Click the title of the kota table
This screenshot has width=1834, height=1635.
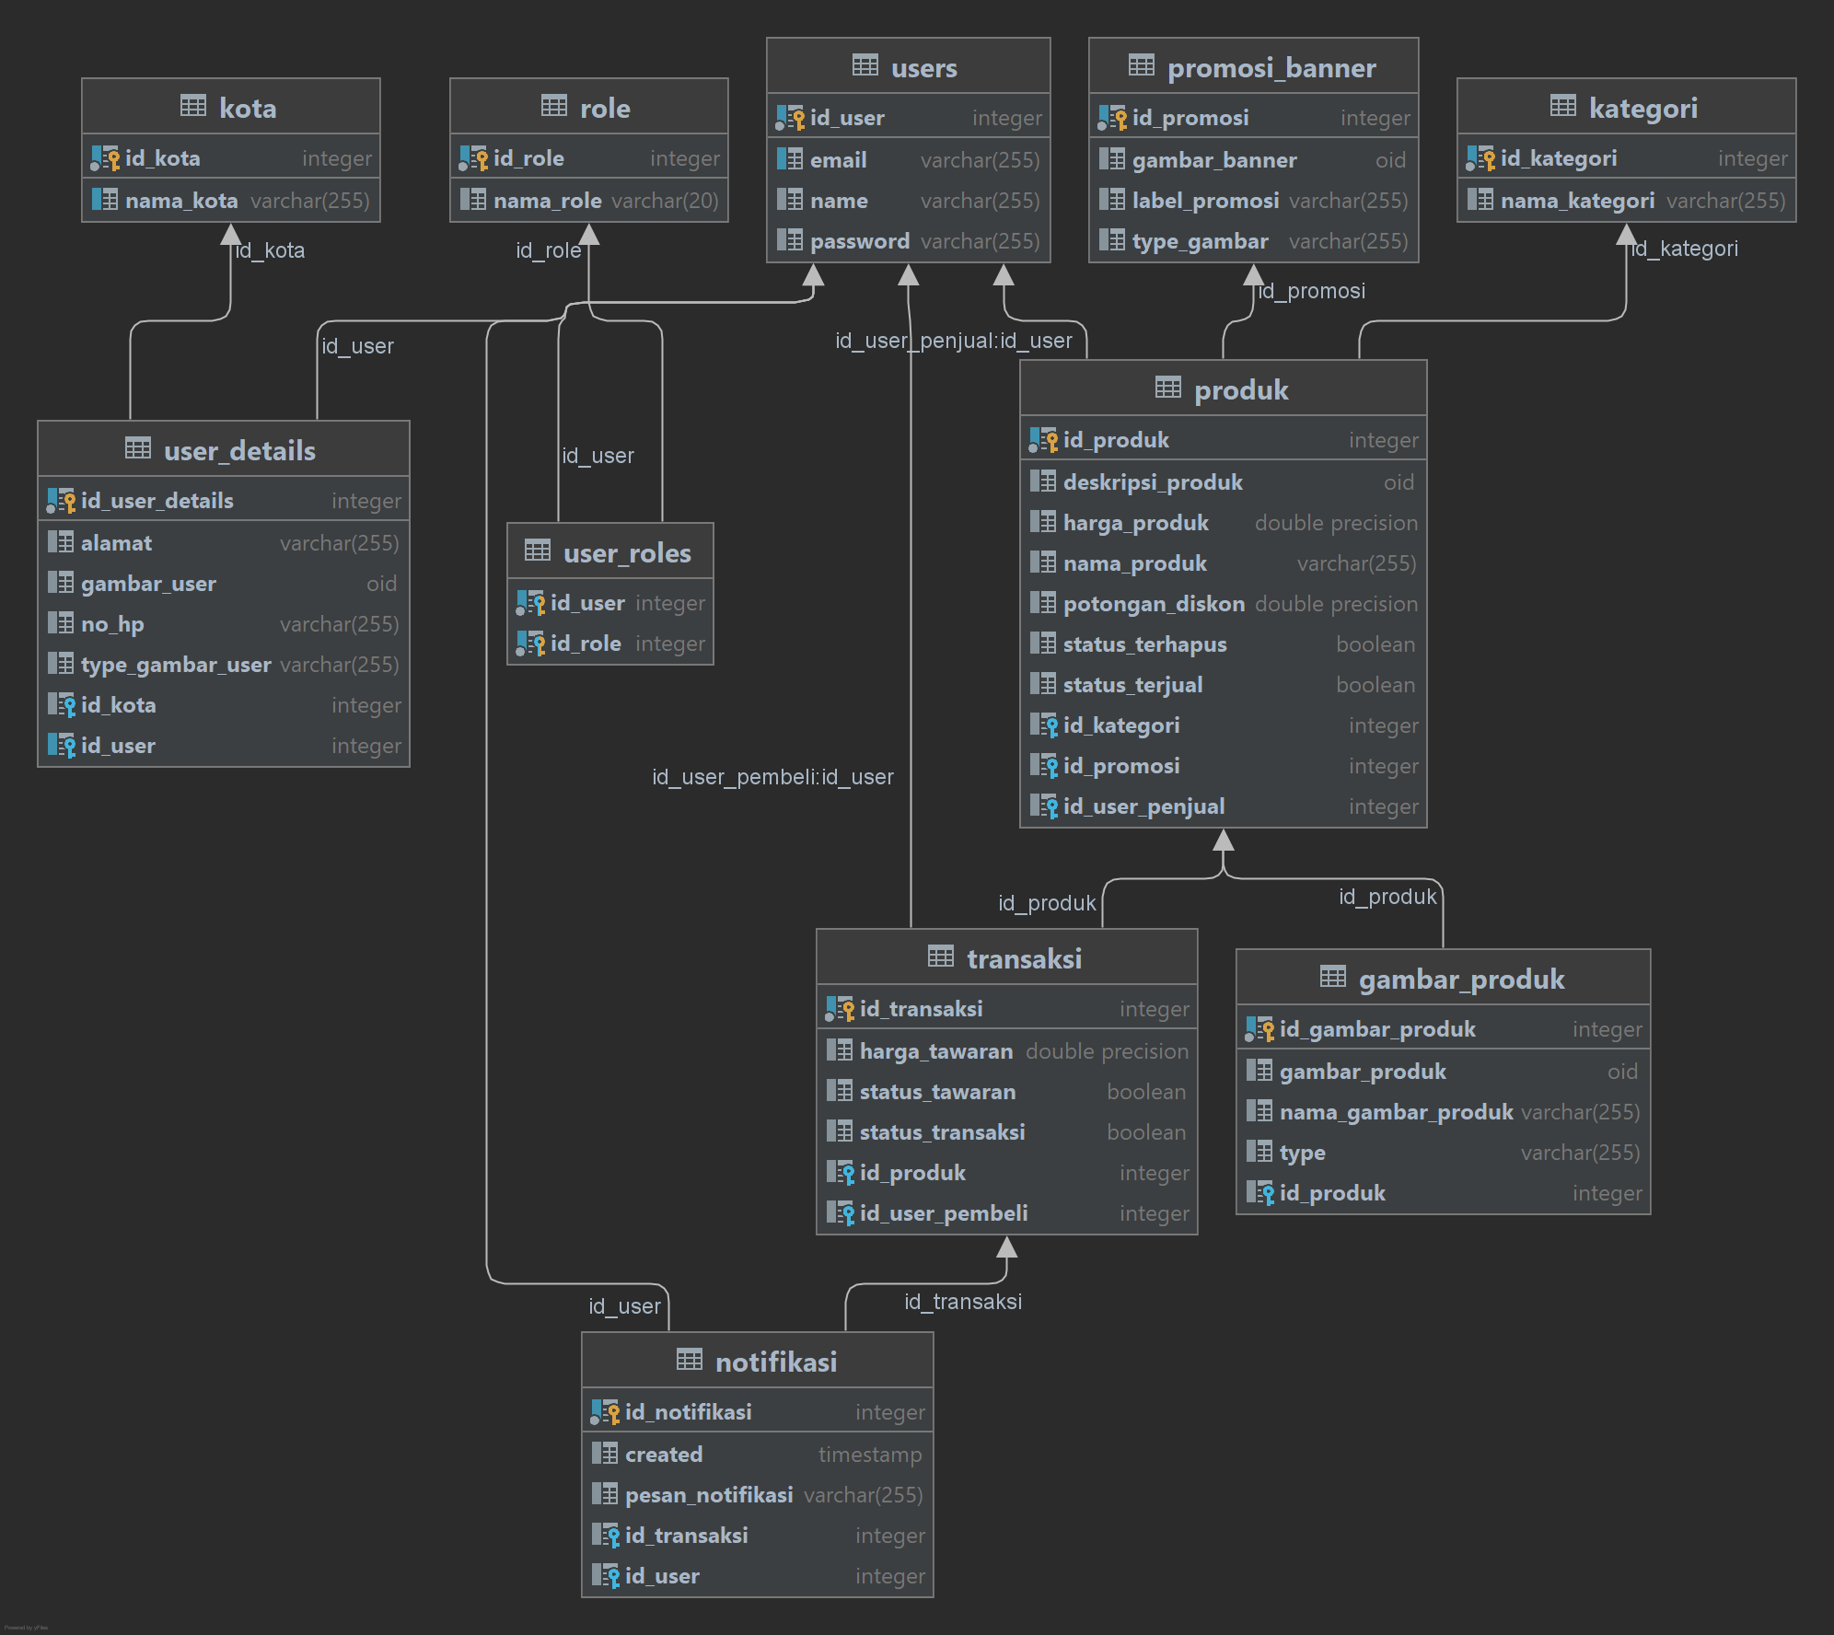pyautogui.click(x=247, y=109)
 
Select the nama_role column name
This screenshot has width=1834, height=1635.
pyautogui.click(x=547, y=201)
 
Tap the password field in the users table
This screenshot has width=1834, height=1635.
pyautogui.click(x=859, y=241)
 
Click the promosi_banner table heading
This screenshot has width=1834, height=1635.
pyautogui.click(x=1271, y=68)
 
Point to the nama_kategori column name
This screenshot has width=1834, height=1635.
pyautogui.click(x=1576, y=201)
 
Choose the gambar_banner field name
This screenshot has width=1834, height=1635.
pyautogui.click(x=1213, y=160)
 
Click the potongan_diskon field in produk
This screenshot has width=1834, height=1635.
pyautogui.click(x=1153, y=604)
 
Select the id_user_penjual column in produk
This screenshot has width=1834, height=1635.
pyautogui.click(x=1143, y=806)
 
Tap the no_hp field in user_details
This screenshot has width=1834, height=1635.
pyautogui.click(x=112, y=624)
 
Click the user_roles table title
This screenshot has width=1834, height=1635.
pyautogui.click(x=626, y=553)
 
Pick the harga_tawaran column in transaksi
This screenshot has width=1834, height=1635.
pyautogui.click(x=935, y=1051)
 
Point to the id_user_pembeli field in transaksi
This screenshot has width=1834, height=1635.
pyautogui.click(x=943, y=1213)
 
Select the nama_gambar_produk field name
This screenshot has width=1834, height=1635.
pyautogui.click(x=1396, y=1112)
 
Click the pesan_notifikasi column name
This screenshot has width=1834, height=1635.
pyautogui.click(x=708, y=1495)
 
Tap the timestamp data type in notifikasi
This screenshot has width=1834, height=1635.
pyautogui.click(x=869, y=1455)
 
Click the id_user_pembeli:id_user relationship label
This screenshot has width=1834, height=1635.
pyautogui.click(x=772, y=777)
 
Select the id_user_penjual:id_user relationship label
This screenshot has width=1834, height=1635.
pyautogui.click(x=953, y=341)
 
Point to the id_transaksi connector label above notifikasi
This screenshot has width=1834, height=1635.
pyautogui.click(x=962, y=1302)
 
